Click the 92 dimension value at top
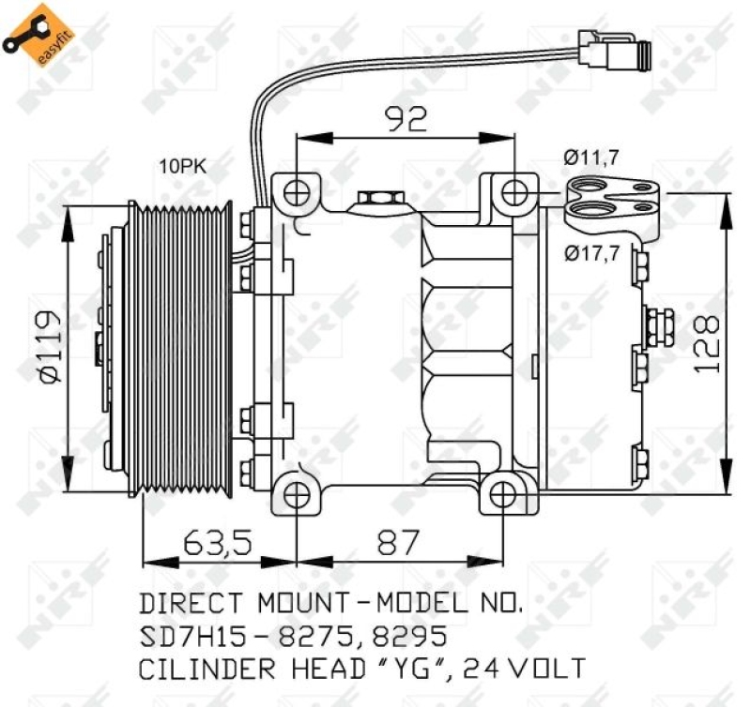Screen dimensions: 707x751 coord(406,119)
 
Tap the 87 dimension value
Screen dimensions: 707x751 coord(398,542)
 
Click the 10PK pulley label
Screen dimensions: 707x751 coord(182,168)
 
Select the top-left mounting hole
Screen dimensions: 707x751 coord(298,192)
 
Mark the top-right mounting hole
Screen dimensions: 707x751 coord(513,193)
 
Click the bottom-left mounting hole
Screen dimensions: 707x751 coord(296,493)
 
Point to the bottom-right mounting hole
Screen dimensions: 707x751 coord(503,493)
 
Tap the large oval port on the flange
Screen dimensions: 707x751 coord(593,209)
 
